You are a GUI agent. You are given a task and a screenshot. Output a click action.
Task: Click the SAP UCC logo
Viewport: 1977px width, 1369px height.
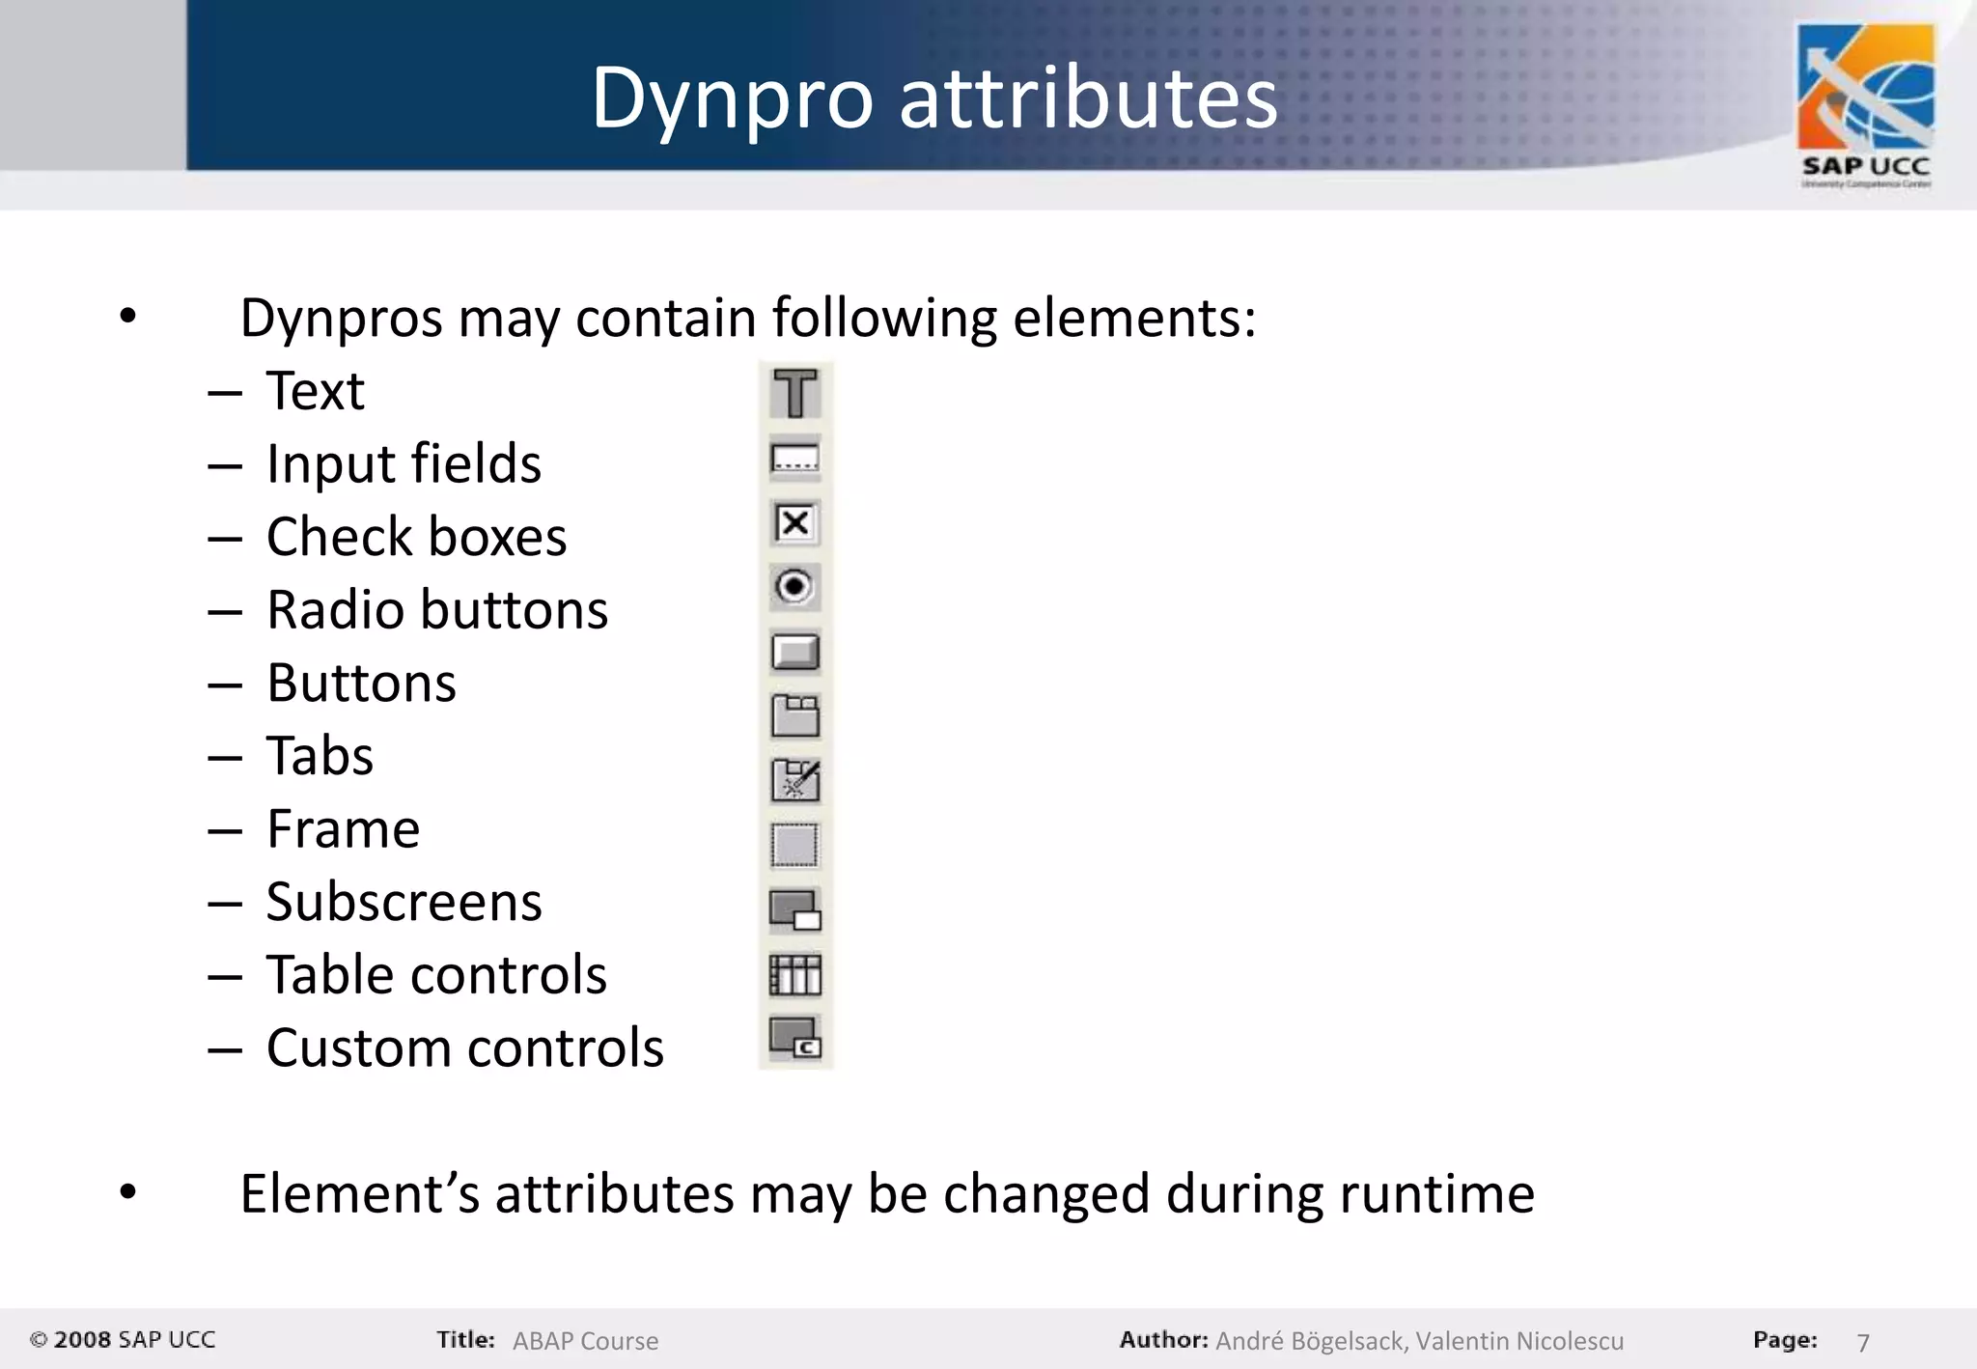pos(1865,104)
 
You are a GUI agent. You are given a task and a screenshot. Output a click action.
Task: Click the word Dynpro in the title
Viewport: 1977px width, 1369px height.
pos(732,98)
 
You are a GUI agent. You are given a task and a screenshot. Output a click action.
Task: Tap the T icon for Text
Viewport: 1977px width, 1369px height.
pos(795,393)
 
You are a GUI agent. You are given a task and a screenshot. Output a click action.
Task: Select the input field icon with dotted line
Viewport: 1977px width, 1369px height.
pos(795,459)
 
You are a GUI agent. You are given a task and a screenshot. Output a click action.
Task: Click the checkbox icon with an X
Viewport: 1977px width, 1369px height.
pos(795,523)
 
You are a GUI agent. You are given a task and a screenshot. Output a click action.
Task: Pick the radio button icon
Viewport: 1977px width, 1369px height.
pos(795,587)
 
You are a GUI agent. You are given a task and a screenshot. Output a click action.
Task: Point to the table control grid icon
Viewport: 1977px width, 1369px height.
pos(795,975)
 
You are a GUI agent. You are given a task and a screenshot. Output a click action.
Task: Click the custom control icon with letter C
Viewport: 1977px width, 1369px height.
pos(795,1039)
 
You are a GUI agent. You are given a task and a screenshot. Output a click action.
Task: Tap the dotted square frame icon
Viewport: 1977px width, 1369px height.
pos(795,846)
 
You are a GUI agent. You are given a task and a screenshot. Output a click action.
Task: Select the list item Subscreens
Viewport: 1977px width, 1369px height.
pos(404,903)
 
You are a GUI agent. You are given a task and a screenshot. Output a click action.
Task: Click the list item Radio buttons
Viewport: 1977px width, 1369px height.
pos(437,610)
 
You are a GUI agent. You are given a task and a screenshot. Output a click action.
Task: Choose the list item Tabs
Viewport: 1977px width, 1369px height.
pos(320,756)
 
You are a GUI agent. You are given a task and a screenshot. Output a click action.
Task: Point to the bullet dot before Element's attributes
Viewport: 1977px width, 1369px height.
pos(128,1192)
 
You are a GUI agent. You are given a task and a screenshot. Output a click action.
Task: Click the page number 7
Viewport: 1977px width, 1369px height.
pos(1863,1342)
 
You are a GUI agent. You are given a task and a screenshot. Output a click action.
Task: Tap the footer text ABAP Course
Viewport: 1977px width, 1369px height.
pos(585,1341)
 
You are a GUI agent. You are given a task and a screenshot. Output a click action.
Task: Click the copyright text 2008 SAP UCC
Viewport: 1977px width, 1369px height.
pos(133,1340)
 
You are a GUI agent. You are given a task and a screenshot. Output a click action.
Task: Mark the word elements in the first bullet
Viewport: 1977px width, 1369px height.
pos(1133,319)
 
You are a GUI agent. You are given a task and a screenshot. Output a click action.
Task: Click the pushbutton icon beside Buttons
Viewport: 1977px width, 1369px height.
pos(795,652)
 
